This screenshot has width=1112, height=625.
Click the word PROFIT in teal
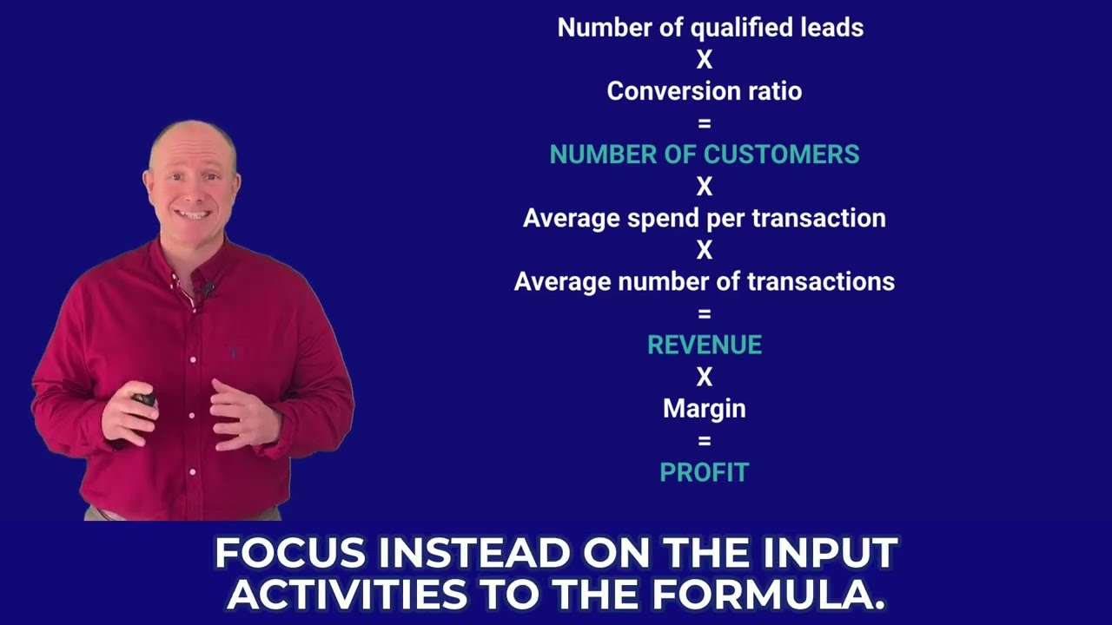coord(704,473)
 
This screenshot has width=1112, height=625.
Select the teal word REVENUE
coord(704,345)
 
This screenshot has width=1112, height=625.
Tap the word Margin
coord(704,409)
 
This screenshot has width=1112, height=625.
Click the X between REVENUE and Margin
coord(704,377)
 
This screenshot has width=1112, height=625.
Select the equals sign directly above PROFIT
coord(704,441)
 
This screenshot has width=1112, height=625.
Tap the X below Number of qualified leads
coord(704,60)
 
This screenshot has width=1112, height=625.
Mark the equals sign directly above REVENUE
coord(704,313)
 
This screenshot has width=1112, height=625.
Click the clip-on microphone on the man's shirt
coord(208,289)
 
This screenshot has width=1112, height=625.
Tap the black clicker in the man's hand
coord(143,400)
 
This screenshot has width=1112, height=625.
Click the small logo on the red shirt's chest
coord(233,353)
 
